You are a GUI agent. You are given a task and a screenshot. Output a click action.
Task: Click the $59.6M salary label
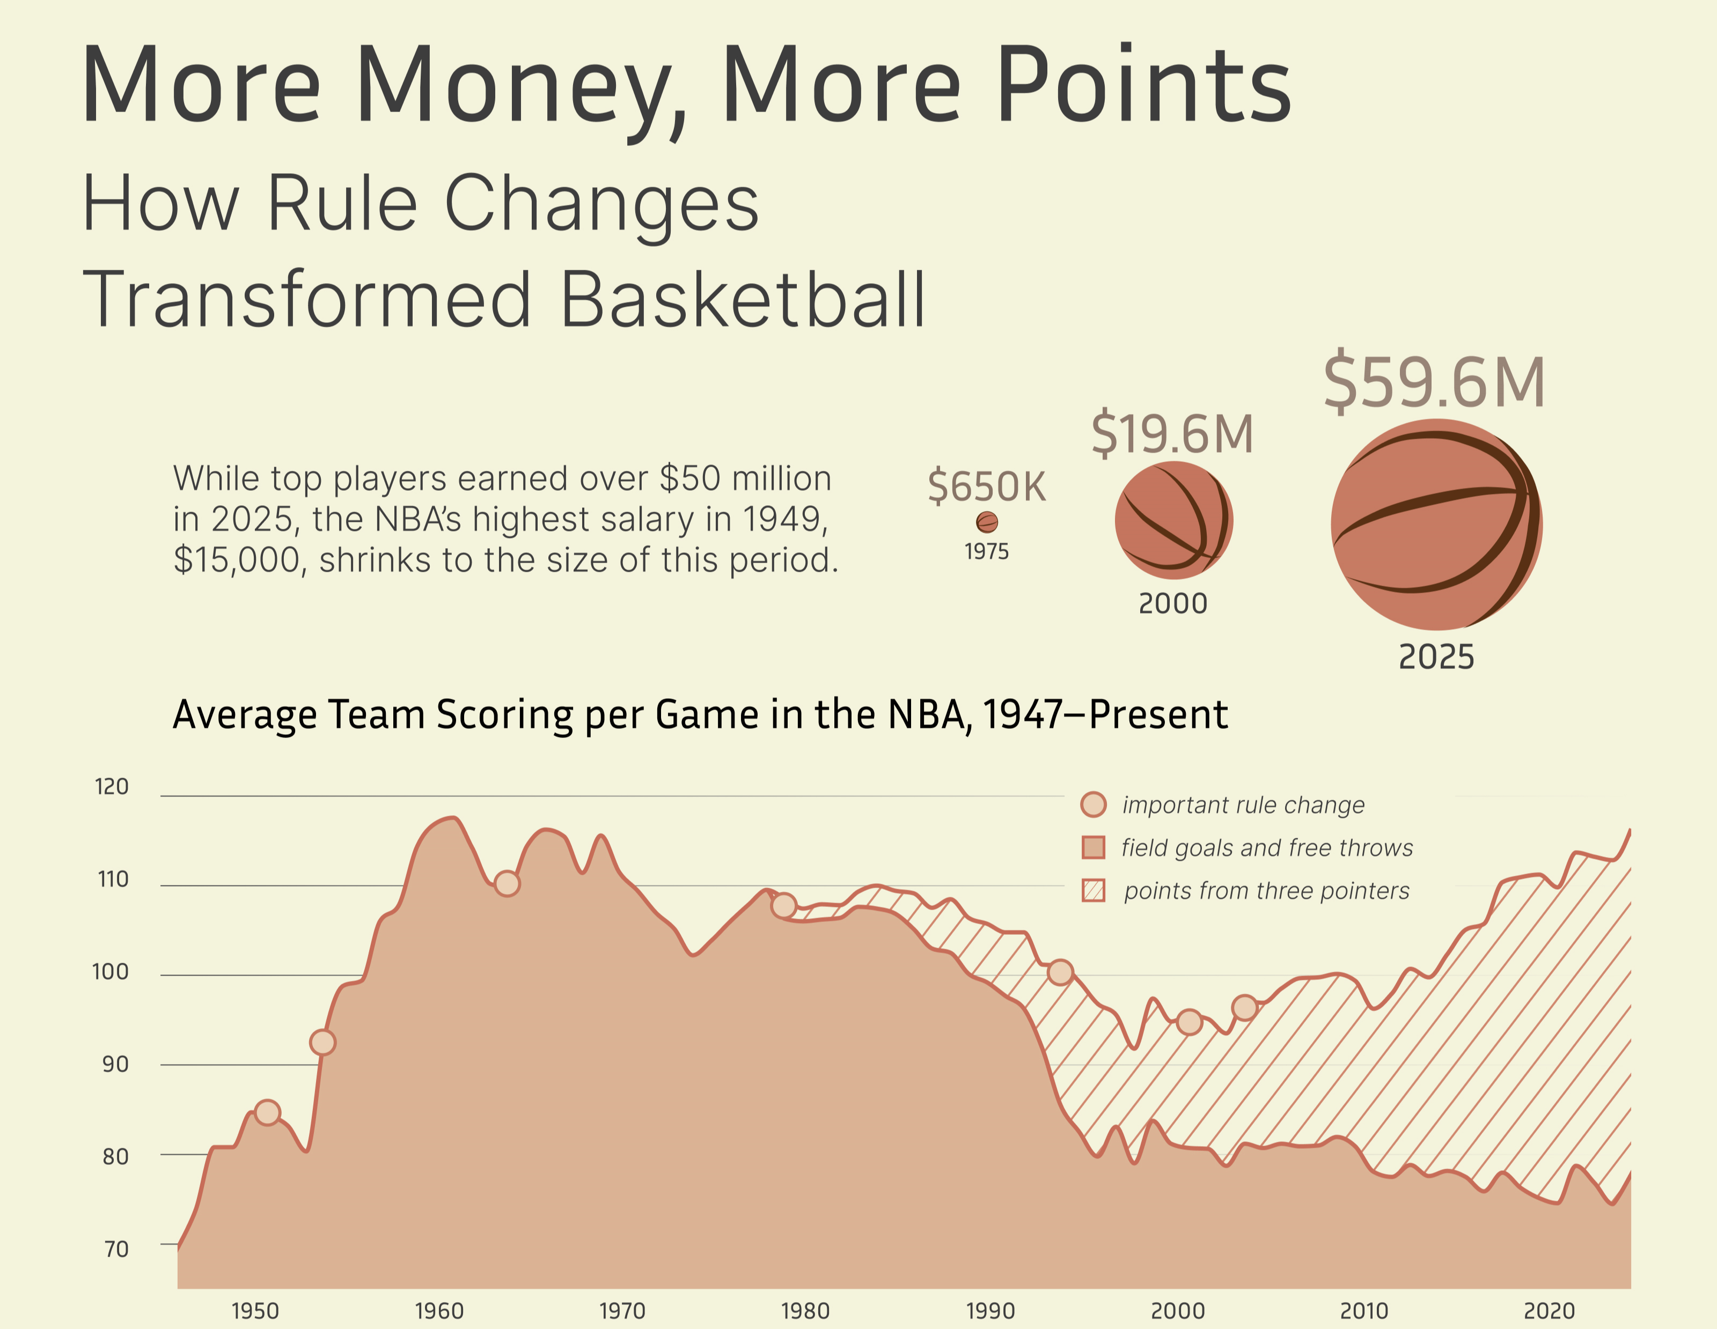tap(1434, 383)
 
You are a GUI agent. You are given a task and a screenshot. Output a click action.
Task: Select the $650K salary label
tap(987, 486)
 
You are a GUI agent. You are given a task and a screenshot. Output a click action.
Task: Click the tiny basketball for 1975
tap(987, 522)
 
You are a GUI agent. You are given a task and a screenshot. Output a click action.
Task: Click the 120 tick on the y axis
tap(112, 787)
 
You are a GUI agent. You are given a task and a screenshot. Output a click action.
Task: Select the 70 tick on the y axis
tap(115, 1249)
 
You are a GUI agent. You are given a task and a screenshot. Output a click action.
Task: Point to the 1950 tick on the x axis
tap(255, 1311)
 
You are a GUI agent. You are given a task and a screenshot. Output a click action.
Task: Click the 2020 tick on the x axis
tap(1549, 1311)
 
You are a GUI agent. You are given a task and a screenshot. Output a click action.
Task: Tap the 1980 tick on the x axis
tap(805, 1311)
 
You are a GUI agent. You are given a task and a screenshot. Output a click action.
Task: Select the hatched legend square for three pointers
tap(1094, 890)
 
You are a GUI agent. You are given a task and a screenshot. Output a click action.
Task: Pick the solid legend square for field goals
tap(1094, 847)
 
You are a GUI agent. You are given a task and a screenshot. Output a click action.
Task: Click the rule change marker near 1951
tap(268, 1113)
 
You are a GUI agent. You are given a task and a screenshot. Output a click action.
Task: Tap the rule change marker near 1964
tap(507, 883)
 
